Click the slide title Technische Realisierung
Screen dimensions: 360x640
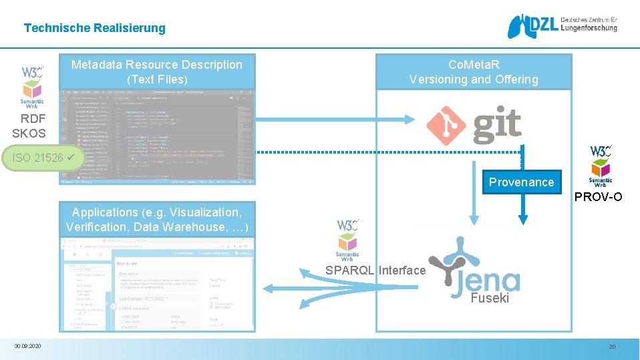(x=94, y=28)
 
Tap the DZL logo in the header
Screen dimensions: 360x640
(x=562, y=27)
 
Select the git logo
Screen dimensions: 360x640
(x=474, y=125)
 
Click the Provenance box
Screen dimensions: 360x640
(x=521, y=182)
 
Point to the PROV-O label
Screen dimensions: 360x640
(x=598, y=197)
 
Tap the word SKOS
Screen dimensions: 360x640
(x=29, y=133)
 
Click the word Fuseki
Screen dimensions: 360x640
(x=490, y=299)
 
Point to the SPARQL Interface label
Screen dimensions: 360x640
(x=375, y=271)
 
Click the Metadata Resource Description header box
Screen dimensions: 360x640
(x=157, y=72)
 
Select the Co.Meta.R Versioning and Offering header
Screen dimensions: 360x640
(x=474, y=72)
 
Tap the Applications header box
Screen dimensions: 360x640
(x=157, y=220)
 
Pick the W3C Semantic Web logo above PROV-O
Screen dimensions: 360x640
(x=601, y=166)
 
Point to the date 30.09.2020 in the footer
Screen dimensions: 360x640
(x=27, y=346)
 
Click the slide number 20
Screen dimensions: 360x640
(x=611, y=347)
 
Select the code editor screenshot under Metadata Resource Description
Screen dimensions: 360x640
(x=157, y=136)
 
